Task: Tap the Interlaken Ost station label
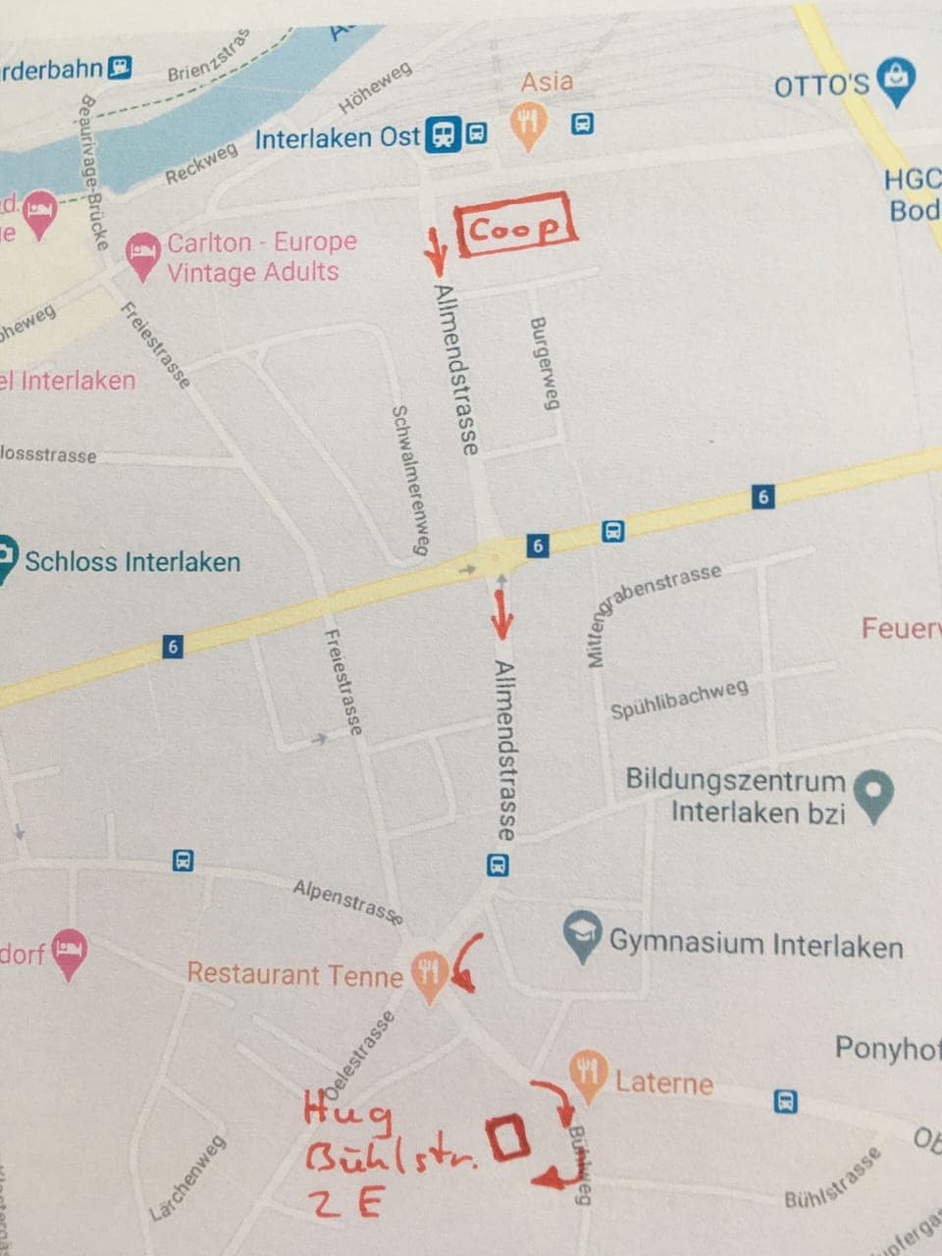(x=337, y=137)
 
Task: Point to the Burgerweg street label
(x=544, y=363)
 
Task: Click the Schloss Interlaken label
(x=131, y=562)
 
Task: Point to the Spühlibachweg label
(x=679, y=699)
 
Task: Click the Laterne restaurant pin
(x=588, y=1075)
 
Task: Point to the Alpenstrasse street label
(x=347, y=902)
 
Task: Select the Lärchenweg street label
(x=187, y=1177)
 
